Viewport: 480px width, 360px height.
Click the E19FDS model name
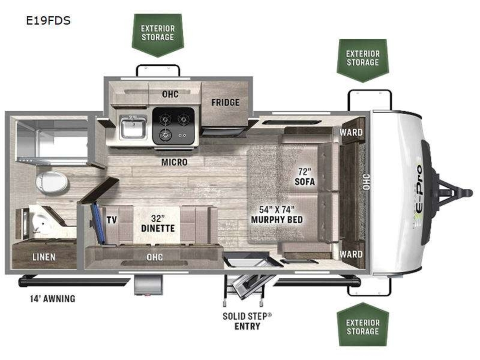[48, 21]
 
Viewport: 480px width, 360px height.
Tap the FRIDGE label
[225, 102]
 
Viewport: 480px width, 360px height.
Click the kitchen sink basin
[133, 128]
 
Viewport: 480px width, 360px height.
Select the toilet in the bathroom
[52, 182]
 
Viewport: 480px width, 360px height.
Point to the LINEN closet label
[44, 257]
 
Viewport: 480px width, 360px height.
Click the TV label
[112, 220]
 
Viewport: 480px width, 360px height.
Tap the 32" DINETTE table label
[158, 223]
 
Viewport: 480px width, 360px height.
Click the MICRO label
[174, 162]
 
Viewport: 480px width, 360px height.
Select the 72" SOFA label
[305, 177]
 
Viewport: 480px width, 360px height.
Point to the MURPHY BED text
[277, 220]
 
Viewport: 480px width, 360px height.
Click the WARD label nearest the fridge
[351, 132]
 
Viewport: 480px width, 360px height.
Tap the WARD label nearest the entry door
[351, 254]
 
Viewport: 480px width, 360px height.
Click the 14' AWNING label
[53, 298]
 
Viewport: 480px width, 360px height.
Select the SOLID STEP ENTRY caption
[247, 321]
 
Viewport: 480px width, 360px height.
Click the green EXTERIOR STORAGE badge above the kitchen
[158, 35]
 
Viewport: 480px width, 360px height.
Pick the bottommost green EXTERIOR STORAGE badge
[363, 324]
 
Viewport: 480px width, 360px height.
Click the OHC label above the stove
[170, 94]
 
